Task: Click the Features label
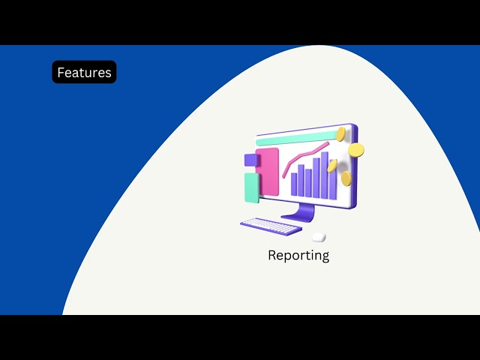pos(84,72)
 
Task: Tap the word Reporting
pos(298,255)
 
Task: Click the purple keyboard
pos(271,226)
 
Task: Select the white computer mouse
pos(319,237)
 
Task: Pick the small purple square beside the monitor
pos(250,160)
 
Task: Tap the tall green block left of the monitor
pos(251,187)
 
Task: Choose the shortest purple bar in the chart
pos(294,184)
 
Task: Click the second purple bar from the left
pos(301,180)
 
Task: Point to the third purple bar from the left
pos(308,182)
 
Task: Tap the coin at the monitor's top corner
pos(341,134)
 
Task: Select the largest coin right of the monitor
pos(356,150)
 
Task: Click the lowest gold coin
pos(346,178)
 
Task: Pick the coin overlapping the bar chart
pos(332,166)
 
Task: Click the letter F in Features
pos(61,73)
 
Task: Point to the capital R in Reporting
pos(272,255)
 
